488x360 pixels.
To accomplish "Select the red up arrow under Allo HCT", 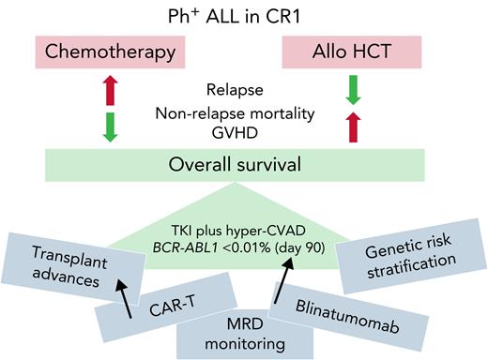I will click(352, 127).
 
